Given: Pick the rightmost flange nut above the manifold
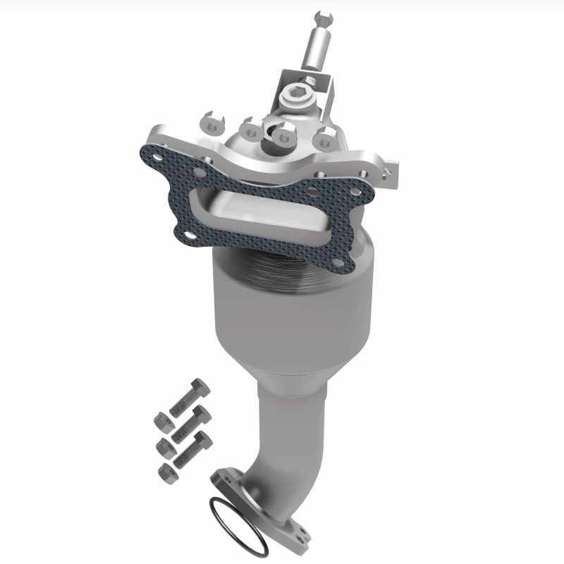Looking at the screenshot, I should [x=323, y=139].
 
